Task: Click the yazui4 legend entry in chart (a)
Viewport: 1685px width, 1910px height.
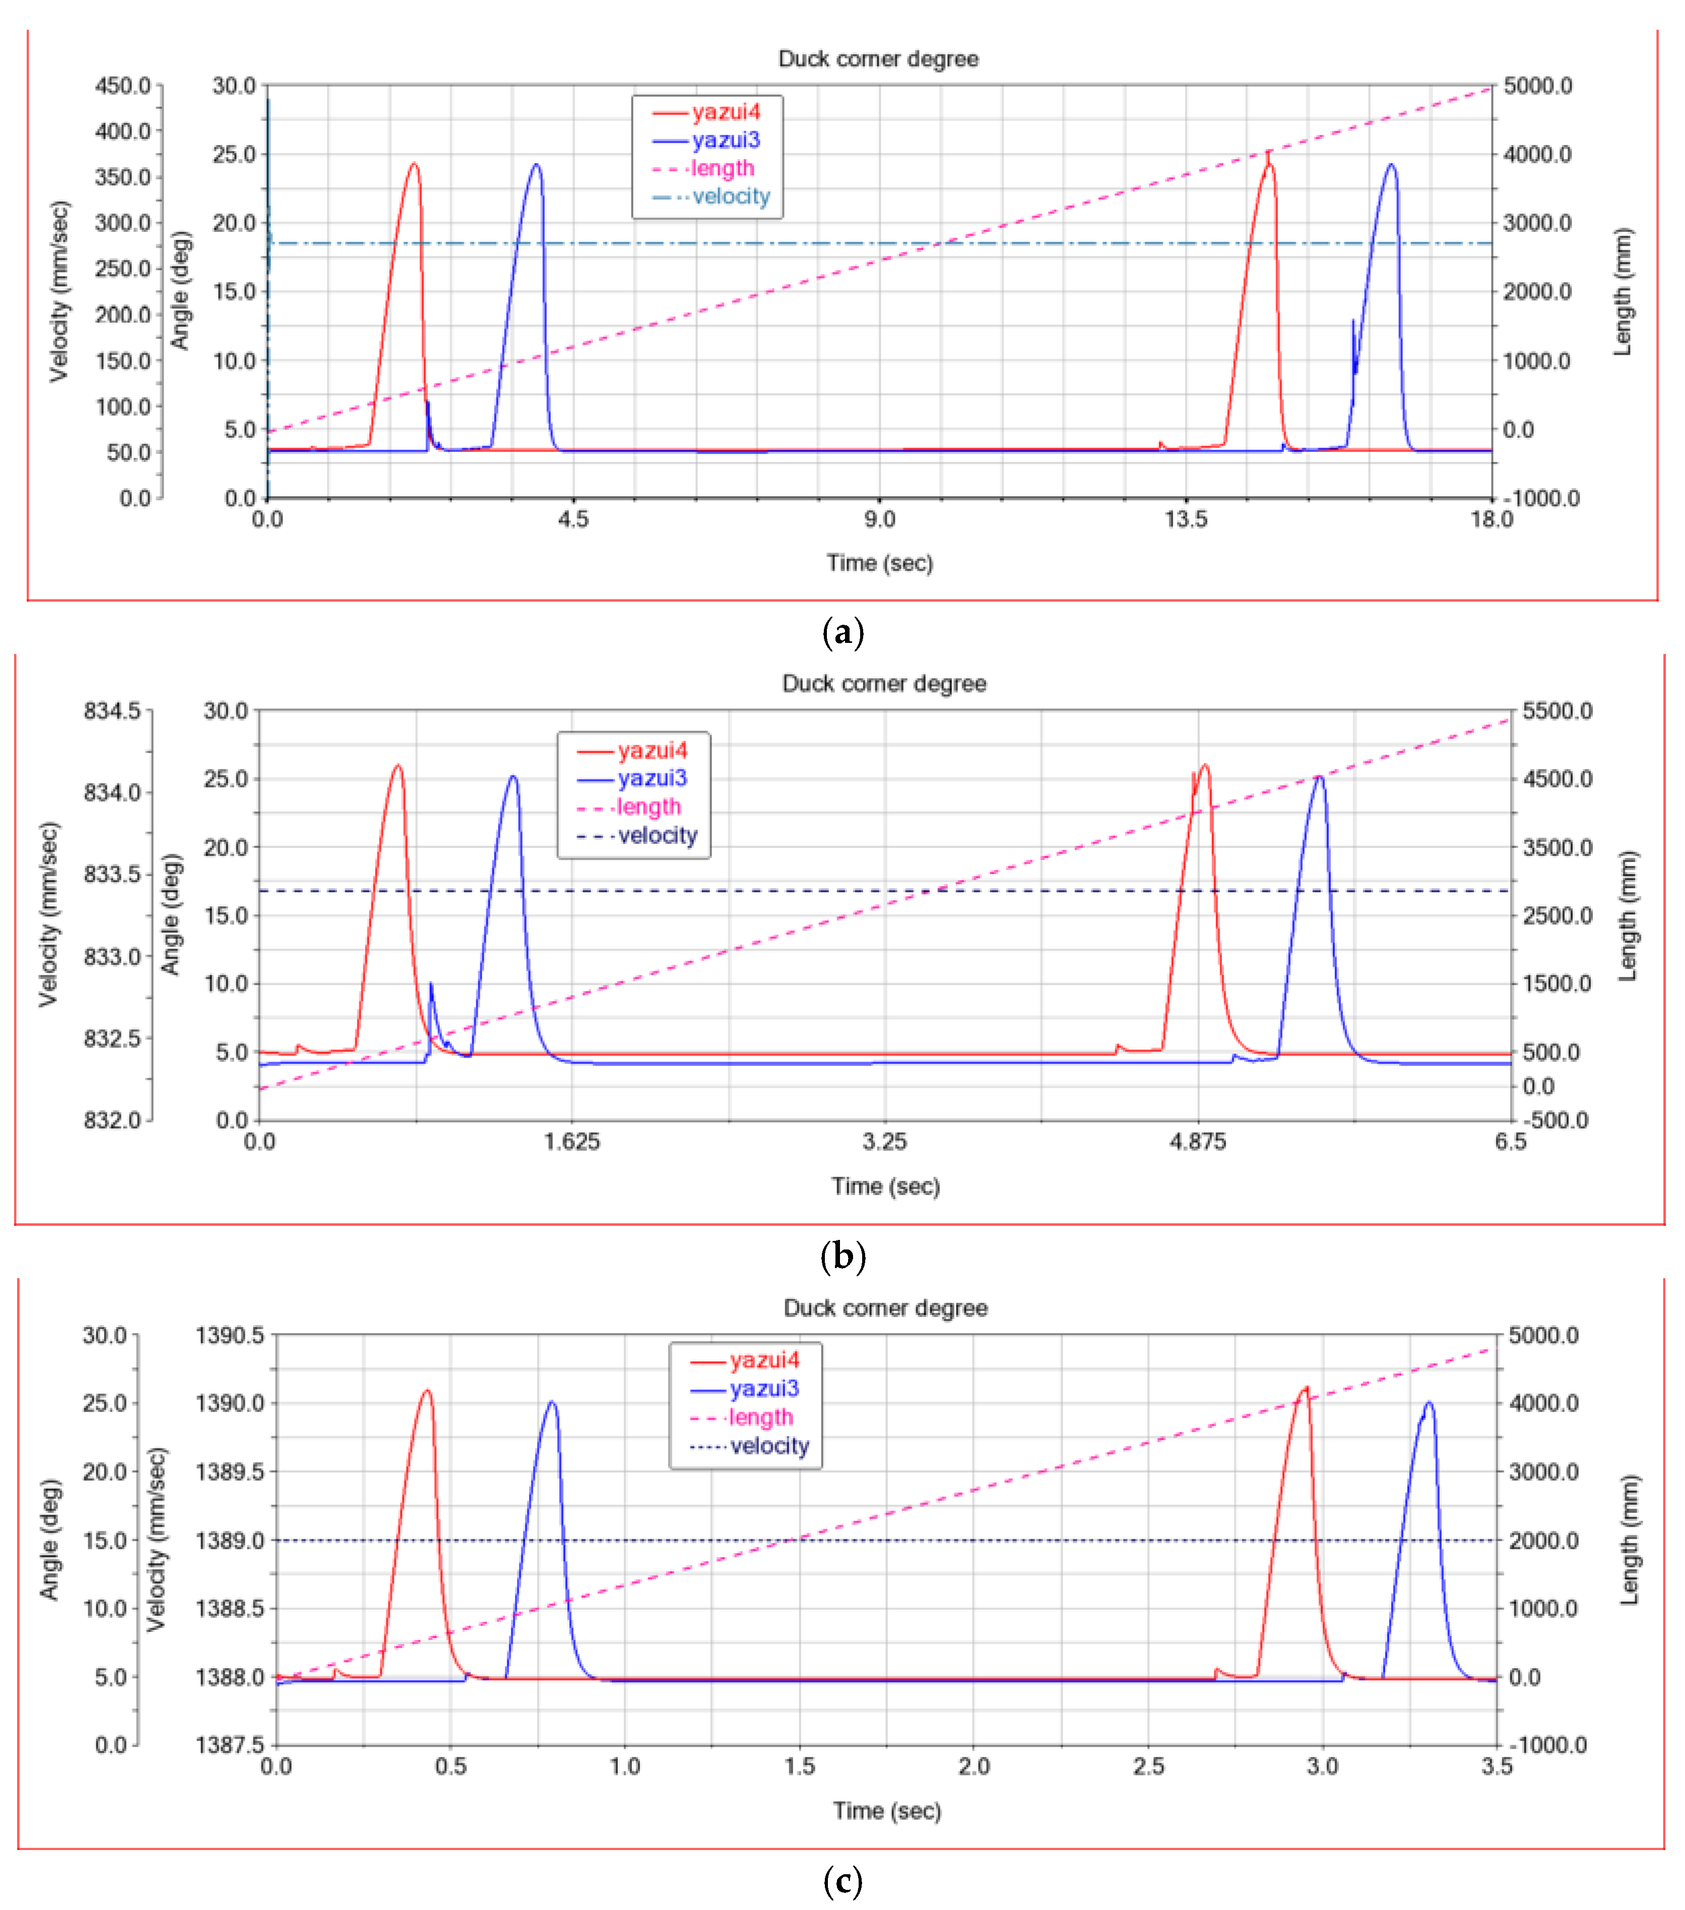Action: (707, 113)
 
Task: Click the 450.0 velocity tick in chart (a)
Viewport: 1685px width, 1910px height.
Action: (122, 86)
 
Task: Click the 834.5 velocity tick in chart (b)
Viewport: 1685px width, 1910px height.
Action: (112, 711)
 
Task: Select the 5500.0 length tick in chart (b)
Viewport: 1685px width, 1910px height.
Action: (1557, 711)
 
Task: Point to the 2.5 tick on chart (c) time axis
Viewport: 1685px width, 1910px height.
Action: (1148, 1766)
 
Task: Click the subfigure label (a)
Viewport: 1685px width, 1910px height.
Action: (842, 633)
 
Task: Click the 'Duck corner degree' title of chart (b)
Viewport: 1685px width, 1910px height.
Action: (884, 683)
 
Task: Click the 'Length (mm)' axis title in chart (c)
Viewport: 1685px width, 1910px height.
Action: (1629, 1540)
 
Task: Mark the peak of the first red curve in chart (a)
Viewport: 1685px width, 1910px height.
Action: (414, 164)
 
